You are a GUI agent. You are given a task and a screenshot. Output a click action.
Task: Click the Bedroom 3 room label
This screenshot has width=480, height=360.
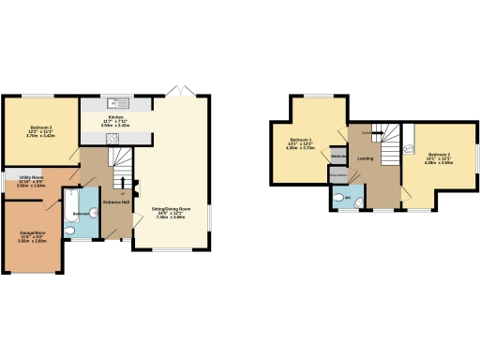point(39,127)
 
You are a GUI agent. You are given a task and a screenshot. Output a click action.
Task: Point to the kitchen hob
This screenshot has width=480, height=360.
point(112,138)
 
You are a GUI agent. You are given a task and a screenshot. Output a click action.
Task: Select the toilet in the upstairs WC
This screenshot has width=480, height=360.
point(337,198)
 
